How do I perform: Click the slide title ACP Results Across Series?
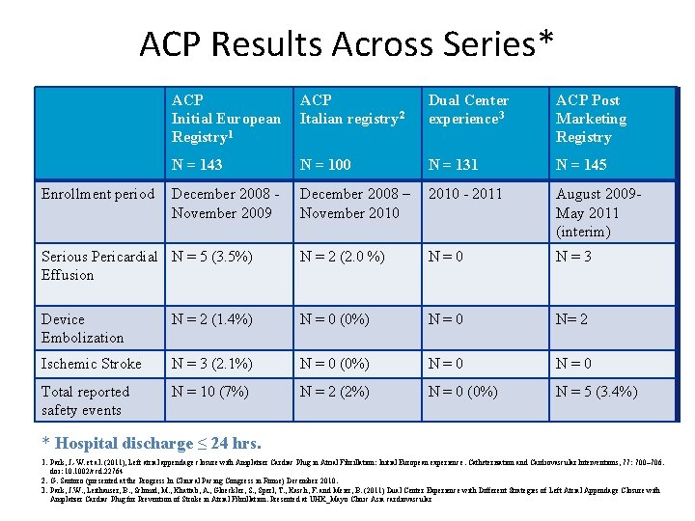point(347,43)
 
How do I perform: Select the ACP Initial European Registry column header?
point(226,119)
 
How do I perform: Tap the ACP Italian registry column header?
point(351,110)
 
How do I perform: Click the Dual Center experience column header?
point(468,110)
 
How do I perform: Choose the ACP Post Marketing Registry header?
point(591,119)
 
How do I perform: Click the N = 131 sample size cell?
point(454,164)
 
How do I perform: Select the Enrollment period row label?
point(97,194)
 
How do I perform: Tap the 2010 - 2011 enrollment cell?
point(465,194)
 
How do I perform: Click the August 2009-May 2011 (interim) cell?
point(598,212)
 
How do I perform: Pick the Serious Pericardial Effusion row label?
point(98,265)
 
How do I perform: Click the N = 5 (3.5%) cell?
point(212,257)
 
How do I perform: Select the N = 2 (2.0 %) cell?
point(343,257)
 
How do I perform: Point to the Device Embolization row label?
point(82,328)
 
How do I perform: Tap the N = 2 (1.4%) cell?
point(212,319)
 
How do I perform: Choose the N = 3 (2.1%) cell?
point(212,364)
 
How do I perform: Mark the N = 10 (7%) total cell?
point(209,392)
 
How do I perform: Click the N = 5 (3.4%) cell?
point(597,392)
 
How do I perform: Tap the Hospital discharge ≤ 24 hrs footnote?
point(151,444)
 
